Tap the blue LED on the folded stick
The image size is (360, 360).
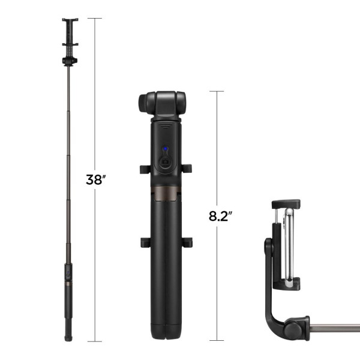pyautogui.click(x=163, y=151)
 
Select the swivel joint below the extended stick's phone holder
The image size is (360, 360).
pyautogui.click(x=70, y=60)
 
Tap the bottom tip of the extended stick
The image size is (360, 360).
pyautogui.click(x=70, y=340)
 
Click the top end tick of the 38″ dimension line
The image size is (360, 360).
pyautogui.click(x=95, y=19)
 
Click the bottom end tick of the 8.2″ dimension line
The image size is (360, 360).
pyautogui.click(x=216, y=342)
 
